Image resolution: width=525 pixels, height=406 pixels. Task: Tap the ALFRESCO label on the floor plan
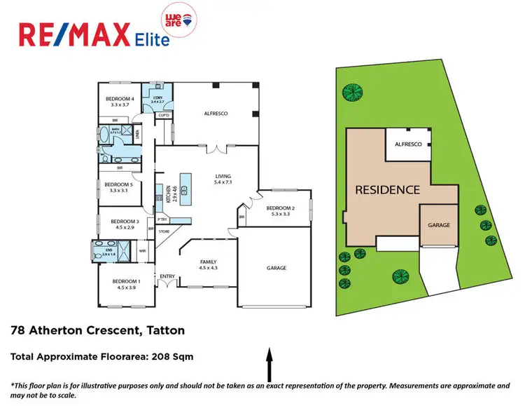216,113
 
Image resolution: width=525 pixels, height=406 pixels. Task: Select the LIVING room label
223,176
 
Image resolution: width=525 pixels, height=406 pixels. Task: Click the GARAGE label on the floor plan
276,268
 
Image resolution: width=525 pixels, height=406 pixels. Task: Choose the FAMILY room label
209,261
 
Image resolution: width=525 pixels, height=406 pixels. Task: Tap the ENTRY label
167,276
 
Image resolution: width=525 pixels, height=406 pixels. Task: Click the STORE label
164,231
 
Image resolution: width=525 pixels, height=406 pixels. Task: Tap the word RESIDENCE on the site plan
387,189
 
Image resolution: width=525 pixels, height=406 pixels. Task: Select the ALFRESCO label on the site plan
408,144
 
